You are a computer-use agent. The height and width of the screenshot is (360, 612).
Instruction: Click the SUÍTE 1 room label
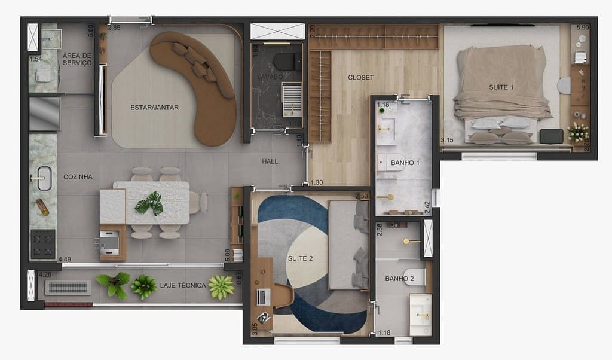tap(501, 87)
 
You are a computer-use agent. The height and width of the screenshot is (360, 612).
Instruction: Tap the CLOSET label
tap(360, 78)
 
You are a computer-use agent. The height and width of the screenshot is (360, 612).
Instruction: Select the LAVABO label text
tap(269, 78)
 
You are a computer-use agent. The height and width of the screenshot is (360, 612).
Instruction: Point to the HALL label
tap(270, 161)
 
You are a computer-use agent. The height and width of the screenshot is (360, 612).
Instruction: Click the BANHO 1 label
tap(405, 163)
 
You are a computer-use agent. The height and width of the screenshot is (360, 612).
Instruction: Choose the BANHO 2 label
tap(400, 279)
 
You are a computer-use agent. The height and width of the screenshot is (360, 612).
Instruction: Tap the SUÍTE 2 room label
tap(300, 259)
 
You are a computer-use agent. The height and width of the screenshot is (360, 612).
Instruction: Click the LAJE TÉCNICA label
tap(182, 286)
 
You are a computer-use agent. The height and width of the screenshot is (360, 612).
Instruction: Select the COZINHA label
tap(78, 177)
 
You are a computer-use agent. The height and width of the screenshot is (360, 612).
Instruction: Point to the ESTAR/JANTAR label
tap(154, 108)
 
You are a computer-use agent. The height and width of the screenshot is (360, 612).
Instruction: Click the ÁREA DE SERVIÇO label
tap(77, 59)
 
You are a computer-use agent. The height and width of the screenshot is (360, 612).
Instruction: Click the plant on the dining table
tap(149, 203)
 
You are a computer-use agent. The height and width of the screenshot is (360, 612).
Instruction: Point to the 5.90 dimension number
tap(582, 28)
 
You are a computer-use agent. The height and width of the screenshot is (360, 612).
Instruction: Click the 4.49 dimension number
tap(65, 260)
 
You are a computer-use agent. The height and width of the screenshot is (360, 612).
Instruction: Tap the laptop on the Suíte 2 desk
tap(263, 295)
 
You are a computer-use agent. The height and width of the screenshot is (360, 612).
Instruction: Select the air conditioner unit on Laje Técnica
tap(69, 288)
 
